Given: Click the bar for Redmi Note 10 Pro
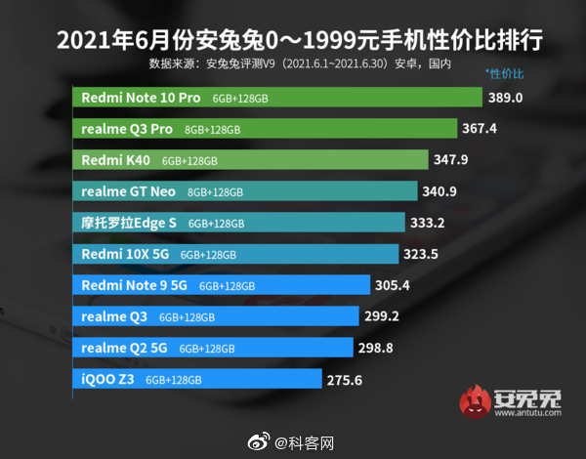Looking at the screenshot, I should tap(278, 98).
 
